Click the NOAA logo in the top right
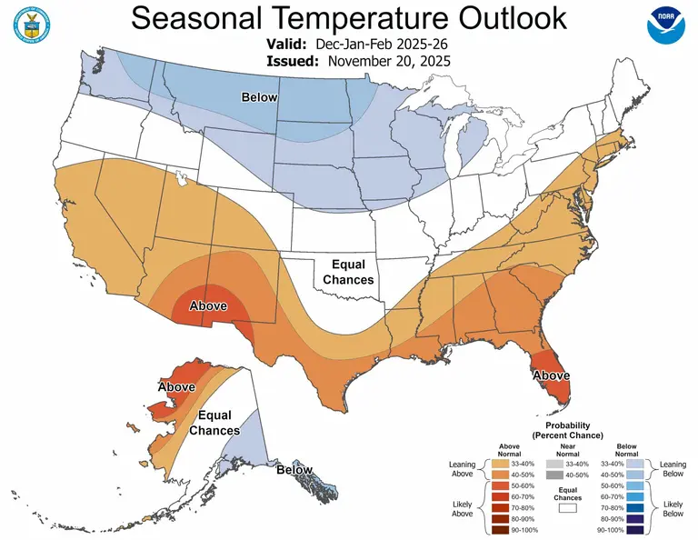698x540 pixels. click(x=666, y=28)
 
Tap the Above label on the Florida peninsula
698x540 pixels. click(x=552, y=375)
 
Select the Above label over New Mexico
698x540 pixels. click(x=207, y=306)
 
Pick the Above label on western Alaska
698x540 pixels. click(x=176, y=387)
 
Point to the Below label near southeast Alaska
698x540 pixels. click(x=294, y=470)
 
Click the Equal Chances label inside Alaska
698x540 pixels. click(x=215, y=423)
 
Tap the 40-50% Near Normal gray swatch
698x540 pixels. click(x=553, y=475)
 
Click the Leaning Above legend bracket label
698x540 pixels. click(x=463, y=468)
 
